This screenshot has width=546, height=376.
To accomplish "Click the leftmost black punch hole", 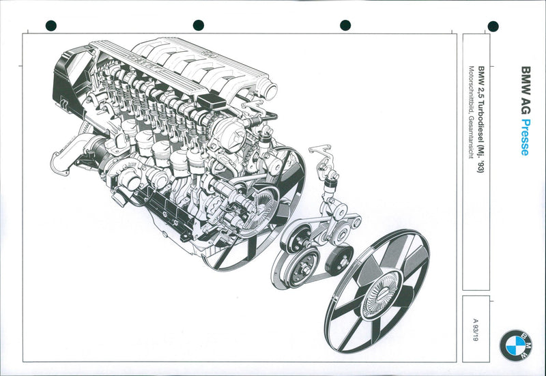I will pyautogui.click(x=51, y=26).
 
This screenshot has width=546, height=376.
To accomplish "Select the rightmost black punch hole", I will pyautogui.click(x=493, y=27).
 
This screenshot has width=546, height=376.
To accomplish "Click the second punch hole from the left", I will pyautogui.click(x=199, y=25).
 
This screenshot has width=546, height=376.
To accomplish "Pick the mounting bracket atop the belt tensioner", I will pyautogui.click(x=321, y=154).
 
